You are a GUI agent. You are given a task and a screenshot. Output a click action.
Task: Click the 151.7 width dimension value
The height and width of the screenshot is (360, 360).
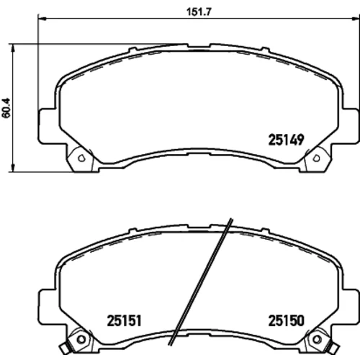(199, 12)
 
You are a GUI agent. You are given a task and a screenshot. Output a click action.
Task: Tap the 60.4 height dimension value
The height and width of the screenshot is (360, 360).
(6, 108)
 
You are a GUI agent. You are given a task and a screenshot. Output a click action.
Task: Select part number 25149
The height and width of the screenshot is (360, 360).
(286, 140)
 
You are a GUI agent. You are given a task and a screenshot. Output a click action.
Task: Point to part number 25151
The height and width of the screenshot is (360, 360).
(124, 320)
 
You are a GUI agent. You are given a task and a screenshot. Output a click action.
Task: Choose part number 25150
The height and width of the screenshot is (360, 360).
(286, 320)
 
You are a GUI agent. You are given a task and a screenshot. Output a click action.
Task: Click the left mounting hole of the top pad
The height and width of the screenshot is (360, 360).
(81, 158)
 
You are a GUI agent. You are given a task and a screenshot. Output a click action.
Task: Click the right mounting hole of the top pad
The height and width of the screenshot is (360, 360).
(317, 158)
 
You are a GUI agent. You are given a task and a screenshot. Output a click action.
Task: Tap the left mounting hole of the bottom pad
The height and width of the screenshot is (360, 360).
(81, 339)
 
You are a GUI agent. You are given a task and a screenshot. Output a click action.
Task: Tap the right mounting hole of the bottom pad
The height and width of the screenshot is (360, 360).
(317, 339)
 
